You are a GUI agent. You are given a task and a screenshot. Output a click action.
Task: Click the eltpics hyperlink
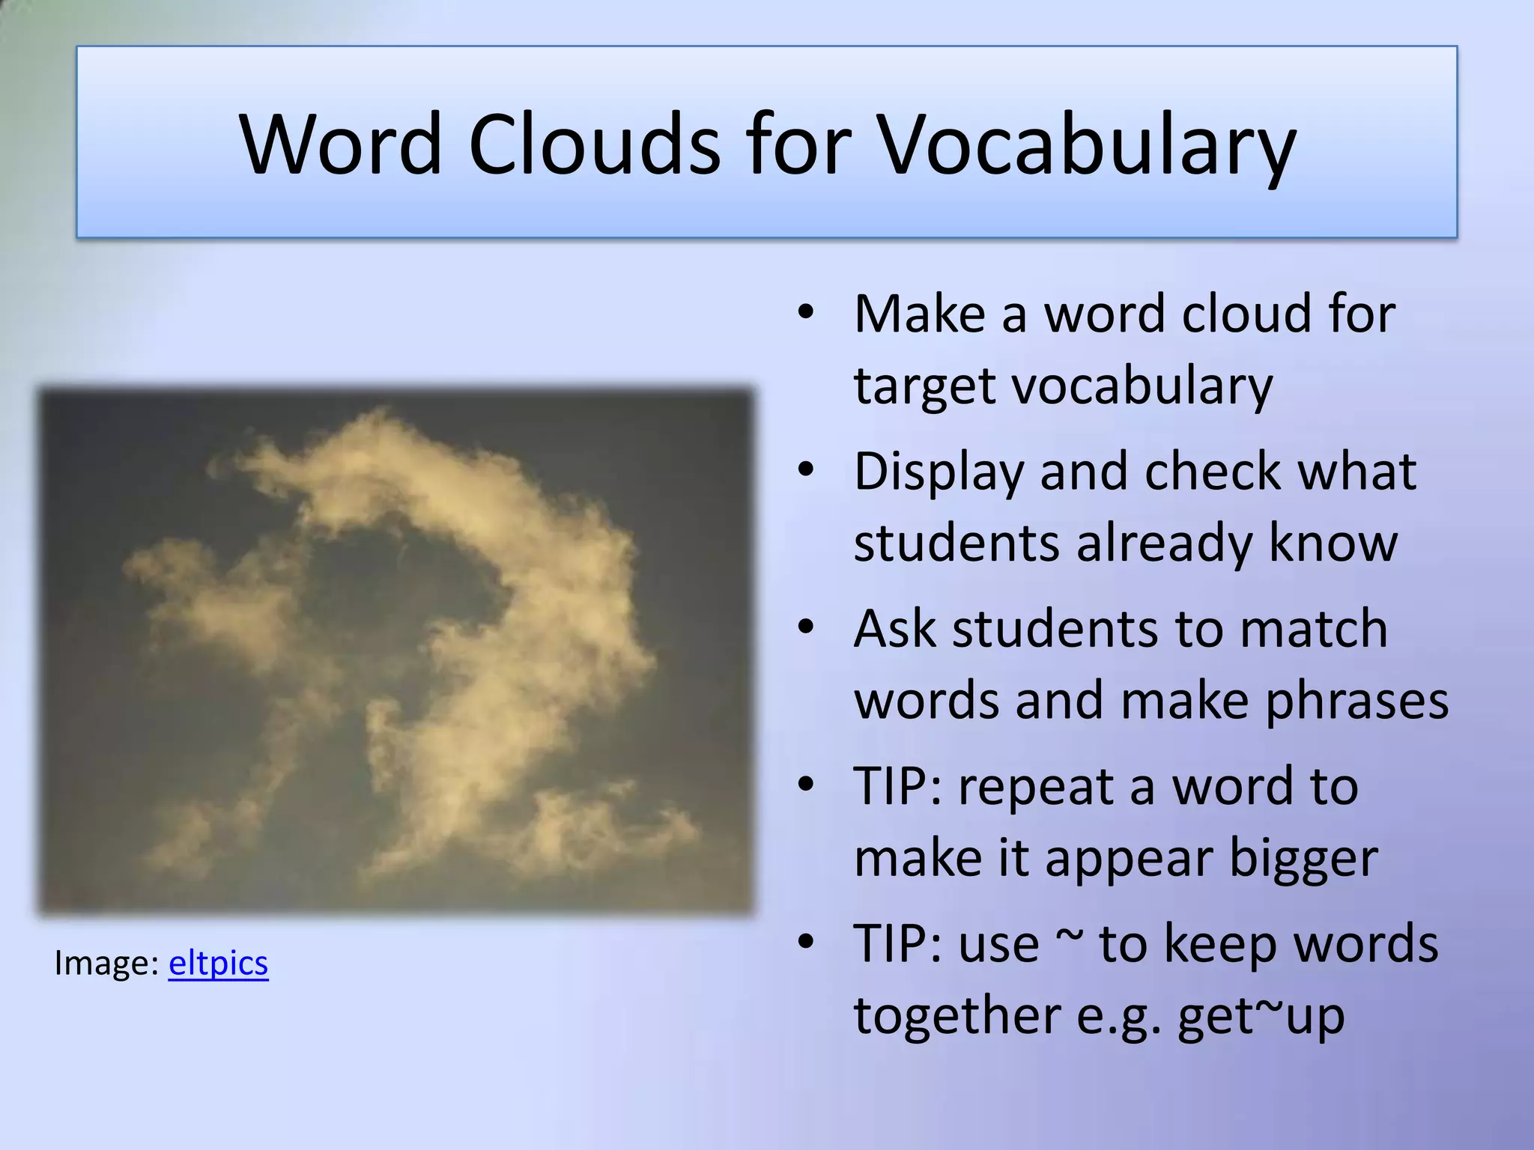(218, 963)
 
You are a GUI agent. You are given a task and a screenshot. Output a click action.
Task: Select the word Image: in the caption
(106, 963)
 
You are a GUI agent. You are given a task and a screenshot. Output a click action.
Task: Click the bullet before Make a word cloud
(805, 312)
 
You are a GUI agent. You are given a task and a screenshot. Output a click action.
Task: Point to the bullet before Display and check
(805, 470)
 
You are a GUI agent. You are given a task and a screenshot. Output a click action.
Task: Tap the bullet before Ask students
(805, 627)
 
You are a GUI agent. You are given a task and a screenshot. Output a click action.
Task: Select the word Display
(939, 472)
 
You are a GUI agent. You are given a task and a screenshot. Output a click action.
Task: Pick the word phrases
(1356, 702)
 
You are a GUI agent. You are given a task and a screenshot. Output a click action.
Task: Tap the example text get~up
(1261, 1017)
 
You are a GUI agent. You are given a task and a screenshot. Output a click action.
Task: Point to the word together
(957, 1017)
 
